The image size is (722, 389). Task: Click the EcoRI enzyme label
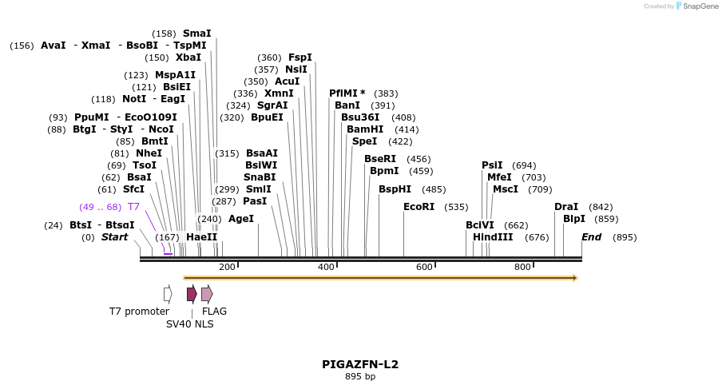pyautogui.click(x=419, y=207)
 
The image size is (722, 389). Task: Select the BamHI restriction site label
pyautogui.click(x=365, y=129)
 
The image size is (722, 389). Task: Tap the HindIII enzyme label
pyautogui.click(x=493, y=237)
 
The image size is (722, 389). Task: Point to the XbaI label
pyautogui.click(x=188, y=58)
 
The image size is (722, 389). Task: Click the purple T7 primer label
pyautogui.click(x=133, y=207)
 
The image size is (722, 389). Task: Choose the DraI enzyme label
pyautogui.click(x=566, y=207)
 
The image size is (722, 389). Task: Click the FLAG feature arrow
pyautogui.click(x=207, y=294)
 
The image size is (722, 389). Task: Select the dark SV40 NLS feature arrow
pyautogui.click(x=192, y=294)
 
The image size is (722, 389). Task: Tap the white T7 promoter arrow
pyautogui.click(x=168, y=294)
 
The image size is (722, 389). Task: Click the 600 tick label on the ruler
pyautogui.click(x=424, y=267)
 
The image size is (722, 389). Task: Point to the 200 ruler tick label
pyautogui.click(x=227, y=267)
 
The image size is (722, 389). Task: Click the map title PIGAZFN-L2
pyautogui.click(x=360, y=364)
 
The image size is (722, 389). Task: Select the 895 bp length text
pyautogui.click(x=360, y=376)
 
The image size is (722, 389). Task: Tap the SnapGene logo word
pyautogui.click(x=700, y=6)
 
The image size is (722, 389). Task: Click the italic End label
pyautogui.click(x=591, y=237)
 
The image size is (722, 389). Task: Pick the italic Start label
pyautogui.click(x=114, y=237)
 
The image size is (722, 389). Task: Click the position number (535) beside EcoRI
pyautogui.click(x=456, y=207)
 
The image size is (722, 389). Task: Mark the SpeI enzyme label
pyautogui.click(x=364, y=141)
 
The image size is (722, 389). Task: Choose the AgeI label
pyautogui.click(x=240, y=219)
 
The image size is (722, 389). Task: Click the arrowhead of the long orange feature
pyautogui.click(x=573, y=278)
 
